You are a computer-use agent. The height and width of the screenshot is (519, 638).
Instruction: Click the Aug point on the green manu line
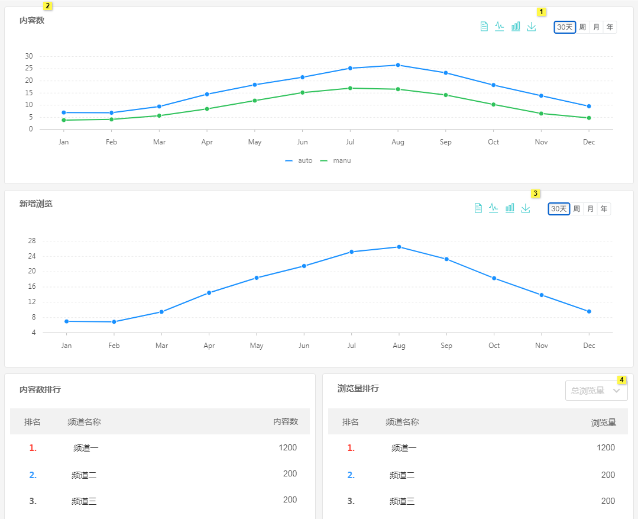[398, 89]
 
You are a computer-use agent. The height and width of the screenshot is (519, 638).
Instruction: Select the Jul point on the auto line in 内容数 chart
[350, 68]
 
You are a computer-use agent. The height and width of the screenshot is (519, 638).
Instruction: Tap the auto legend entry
[299, 160]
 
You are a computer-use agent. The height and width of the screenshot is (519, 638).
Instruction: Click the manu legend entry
[335, 160]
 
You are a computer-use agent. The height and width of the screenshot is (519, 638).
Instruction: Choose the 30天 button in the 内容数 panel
[565, 27]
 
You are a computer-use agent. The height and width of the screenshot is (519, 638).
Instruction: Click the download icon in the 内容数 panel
[532, 27]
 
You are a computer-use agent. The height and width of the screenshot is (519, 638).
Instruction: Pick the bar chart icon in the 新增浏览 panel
[510, 208]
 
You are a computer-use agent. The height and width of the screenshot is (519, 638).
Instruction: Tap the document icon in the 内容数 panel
[484, 27]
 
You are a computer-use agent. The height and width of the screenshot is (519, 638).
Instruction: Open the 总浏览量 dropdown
[596, 391]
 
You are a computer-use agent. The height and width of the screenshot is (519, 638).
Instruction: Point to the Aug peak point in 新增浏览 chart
[399, 247]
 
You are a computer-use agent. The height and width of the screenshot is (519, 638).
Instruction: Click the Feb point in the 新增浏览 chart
[114, 322]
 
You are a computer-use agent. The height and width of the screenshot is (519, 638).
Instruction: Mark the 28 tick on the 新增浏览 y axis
[32, 241]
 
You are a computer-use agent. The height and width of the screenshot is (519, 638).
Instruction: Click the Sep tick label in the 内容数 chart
[446, 142]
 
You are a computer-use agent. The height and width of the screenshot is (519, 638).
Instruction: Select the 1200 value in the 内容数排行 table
[288, 447]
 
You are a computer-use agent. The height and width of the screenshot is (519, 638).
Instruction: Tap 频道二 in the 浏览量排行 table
[402, 475]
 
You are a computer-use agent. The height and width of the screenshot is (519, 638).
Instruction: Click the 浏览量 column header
[604, 423]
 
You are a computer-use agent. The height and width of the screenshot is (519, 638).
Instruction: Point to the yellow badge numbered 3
[536, 194]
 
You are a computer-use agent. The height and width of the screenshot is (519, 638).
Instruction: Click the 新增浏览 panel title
[36, 204]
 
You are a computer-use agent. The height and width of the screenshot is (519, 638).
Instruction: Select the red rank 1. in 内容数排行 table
[33, 448]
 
